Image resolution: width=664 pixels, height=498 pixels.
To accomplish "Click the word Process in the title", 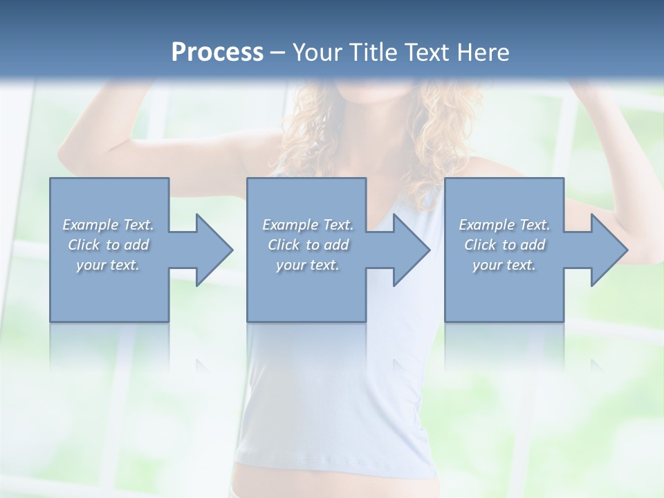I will [217, 53].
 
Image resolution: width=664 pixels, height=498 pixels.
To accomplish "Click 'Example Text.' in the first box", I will [109, 225].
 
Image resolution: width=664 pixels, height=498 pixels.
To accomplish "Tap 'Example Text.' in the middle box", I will [308, 225].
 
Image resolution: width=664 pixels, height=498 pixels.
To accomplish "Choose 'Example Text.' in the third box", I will [504, 225].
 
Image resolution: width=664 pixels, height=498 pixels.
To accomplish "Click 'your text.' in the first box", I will [108, 265].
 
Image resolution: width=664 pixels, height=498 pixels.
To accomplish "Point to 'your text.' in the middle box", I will [308, 265].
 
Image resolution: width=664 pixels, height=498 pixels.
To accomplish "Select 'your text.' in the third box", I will [504, 265].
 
